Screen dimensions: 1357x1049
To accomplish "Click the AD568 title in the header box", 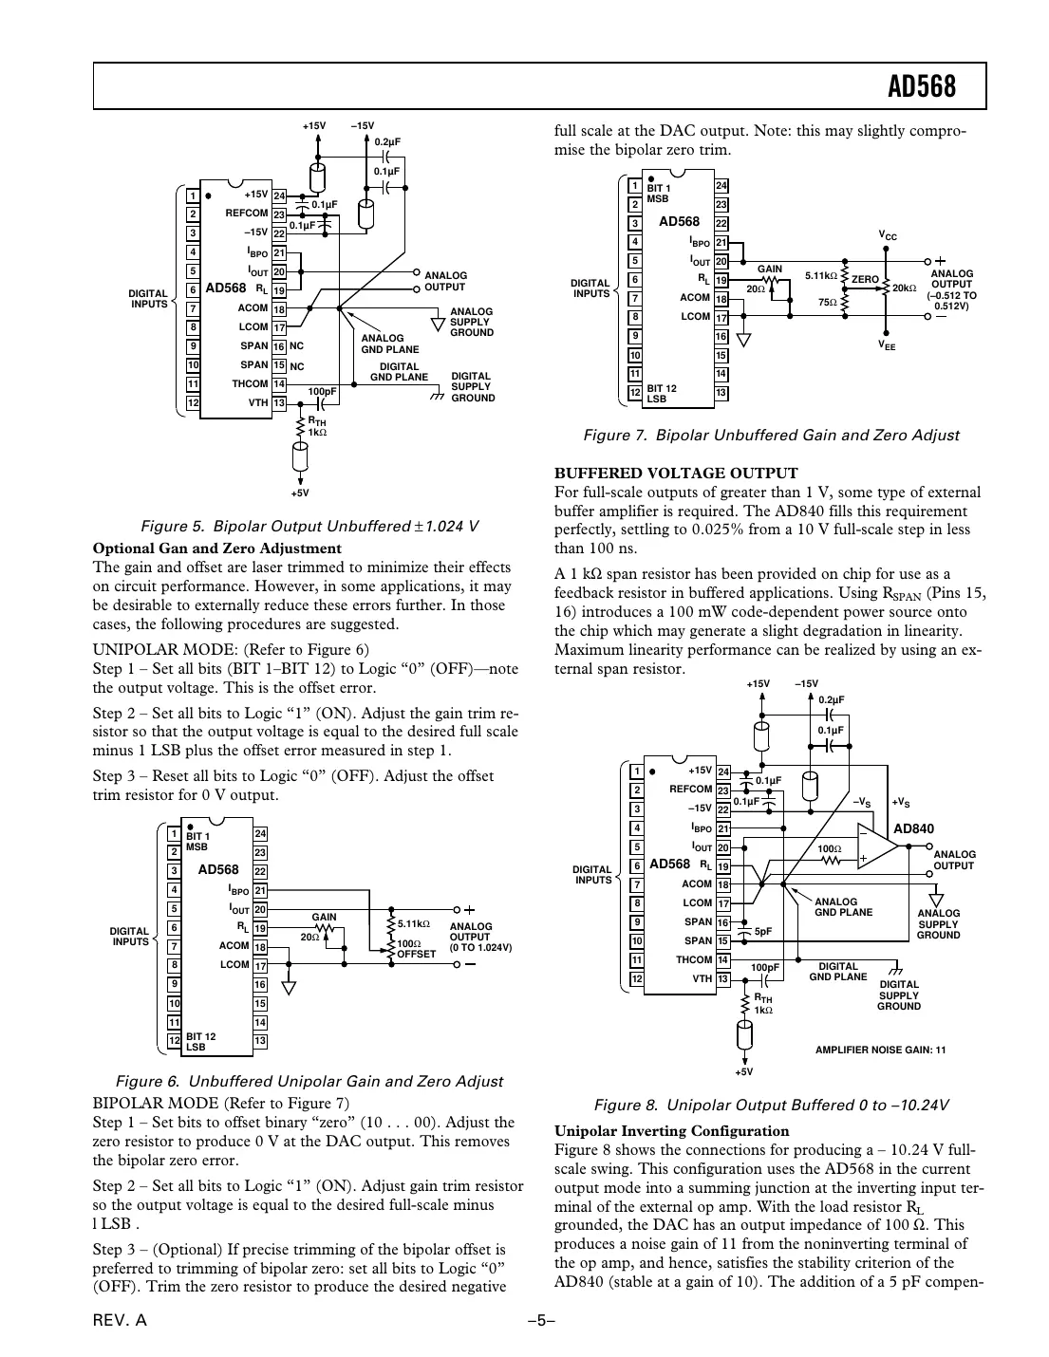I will coord(921,87).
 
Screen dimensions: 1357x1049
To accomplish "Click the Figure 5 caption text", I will coord(309,526).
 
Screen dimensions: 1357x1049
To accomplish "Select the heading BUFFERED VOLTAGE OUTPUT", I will coord(675,473).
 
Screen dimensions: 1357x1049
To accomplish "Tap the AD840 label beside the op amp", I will coord(913,828).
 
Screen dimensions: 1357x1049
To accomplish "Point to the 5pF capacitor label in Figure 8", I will coord(762,932).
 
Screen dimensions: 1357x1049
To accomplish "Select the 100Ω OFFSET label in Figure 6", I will coord(415,949).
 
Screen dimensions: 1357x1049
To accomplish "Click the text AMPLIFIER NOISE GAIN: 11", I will coord(880,1050).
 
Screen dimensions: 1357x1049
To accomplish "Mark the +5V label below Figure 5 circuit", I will coord(300,493).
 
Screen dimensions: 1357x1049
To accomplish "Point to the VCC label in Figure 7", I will coord(887,234).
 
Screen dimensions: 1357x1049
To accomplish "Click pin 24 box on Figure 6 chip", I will coord(260,834).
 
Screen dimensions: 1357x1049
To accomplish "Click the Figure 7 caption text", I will coord(770,436).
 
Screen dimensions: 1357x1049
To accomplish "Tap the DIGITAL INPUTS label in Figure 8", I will coord(592,874).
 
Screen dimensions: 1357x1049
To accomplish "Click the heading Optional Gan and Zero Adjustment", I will coord(216,548).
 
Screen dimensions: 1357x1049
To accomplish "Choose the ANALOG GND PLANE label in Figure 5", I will coord(389,344).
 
